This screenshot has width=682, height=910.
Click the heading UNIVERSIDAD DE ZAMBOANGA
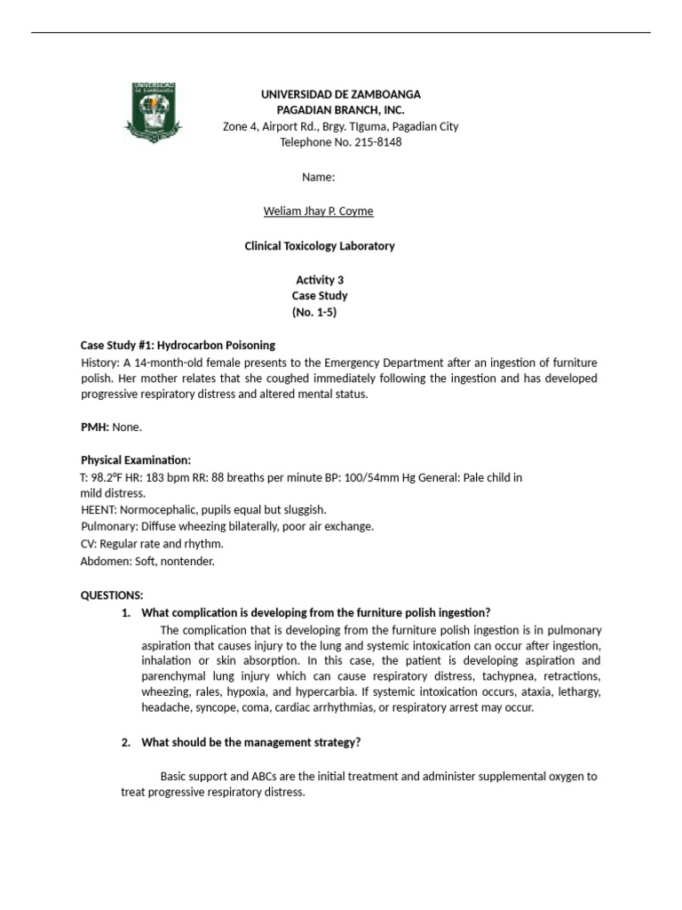(x=340, y=94)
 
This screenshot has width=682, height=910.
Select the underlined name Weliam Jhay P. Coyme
(x=318, y=211)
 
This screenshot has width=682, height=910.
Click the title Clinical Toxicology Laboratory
(x=320, y=246)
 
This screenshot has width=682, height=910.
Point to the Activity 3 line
(x=320, y=280)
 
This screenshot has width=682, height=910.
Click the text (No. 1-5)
(x=314, y=312)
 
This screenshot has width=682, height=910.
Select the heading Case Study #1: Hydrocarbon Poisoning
(x=178, y=345)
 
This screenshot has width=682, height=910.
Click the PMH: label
(x=94, y=427)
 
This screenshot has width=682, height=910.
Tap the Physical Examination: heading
(x=136, y=460)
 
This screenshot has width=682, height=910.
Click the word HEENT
(x=95, y=510)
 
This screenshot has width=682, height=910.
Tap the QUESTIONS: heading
(x=112, y=595)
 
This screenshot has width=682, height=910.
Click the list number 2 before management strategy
(x=126, y=742)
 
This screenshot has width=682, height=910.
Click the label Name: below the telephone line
(x=318, y=177)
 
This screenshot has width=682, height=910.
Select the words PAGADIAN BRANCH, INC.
(x=340, y=110)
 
